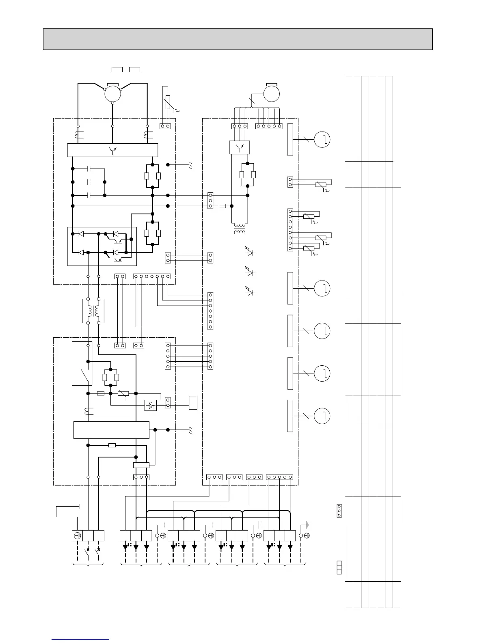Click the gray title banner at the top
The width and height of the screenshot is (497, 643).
(238, 39)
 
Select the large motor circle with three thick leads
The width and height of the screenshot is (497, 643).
(112, 93)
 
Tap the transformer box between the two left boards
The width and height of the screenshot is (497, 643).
(93, 311)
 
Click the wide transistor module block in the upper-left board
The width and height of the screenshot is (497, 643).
(112, 150)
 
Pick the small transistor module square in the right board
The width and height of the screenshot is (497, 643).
(239, 147)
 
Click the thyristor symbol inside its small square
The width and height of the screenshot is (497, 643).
(151, 405)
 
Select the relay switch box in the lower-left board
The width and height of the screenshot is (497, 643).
(82, 363)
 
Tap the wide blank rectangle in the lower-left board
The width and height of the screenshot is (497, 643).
(111, 430)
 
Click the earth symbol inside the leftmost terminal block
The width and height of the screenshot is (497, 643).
(78, 535)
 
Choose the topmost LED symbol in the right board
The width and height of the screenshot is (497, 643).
(250, 252)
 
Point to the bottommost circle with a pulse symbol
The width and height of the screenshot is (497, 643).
(322, 416)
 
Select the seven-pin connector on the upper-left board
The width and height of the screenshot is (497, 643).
(152, 276)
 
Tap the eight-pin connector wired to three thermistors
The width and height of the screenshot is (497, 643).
(290, 230)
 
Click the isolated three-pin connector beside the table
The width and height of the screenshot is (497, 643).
(339, 511)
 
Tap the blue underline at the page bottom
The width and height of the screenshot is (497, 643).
(81, 639)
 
